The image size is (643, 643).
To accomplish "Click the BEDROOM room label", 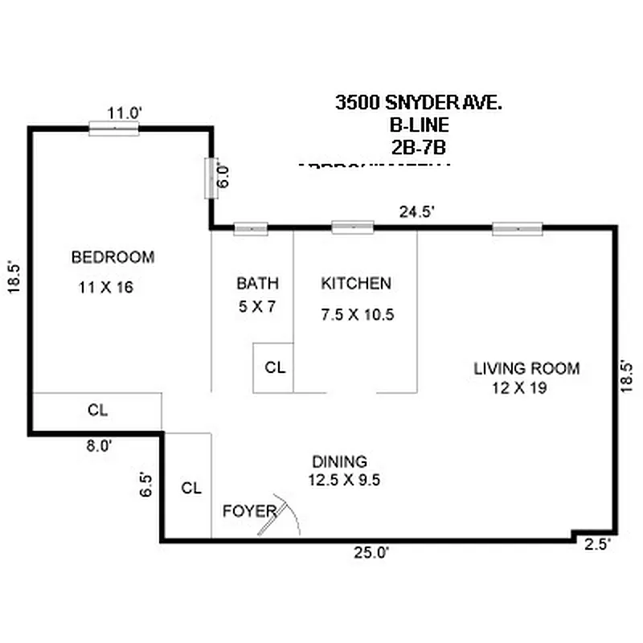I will coord(113,257).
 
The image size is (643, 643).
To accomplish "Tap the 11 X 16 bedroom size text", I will coord(105,287).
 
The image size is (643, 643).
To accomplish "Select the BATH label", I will coord(257,283).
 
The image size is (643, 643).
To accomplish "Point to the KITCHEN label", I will coord(356,283).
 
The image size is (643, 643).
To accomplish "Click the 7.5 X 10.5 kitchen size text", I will coord(358,314).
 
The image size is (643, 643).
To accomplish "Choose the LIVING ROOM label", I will coord(526,369).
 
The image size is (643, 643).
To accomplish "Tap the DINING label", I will coord(339,461).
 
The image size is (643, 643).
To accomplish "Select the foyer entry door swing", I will coord(281,514).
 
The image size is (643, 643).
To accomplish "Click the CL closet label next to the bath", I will coord(275,368).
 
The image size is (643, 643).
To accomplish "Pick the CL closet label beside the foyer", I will coord(190,488).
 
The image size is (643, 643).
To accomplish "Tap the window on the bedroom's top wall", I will coord(113,128).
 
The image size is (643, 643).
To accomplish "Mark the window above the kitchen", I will coord(352,227).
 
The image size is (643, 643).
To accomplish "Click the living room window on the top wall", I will coord(518,228).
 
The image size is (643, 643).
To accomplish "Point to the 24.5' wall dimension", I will coord(418,212).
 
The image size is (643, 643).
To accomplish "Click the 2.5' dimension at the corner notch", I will coord(598,544).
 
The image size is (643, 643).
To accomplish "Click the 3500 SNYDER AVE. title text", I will coord(419,103).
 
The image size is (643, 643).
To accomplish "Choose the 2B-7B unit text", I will coord(417,147).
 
